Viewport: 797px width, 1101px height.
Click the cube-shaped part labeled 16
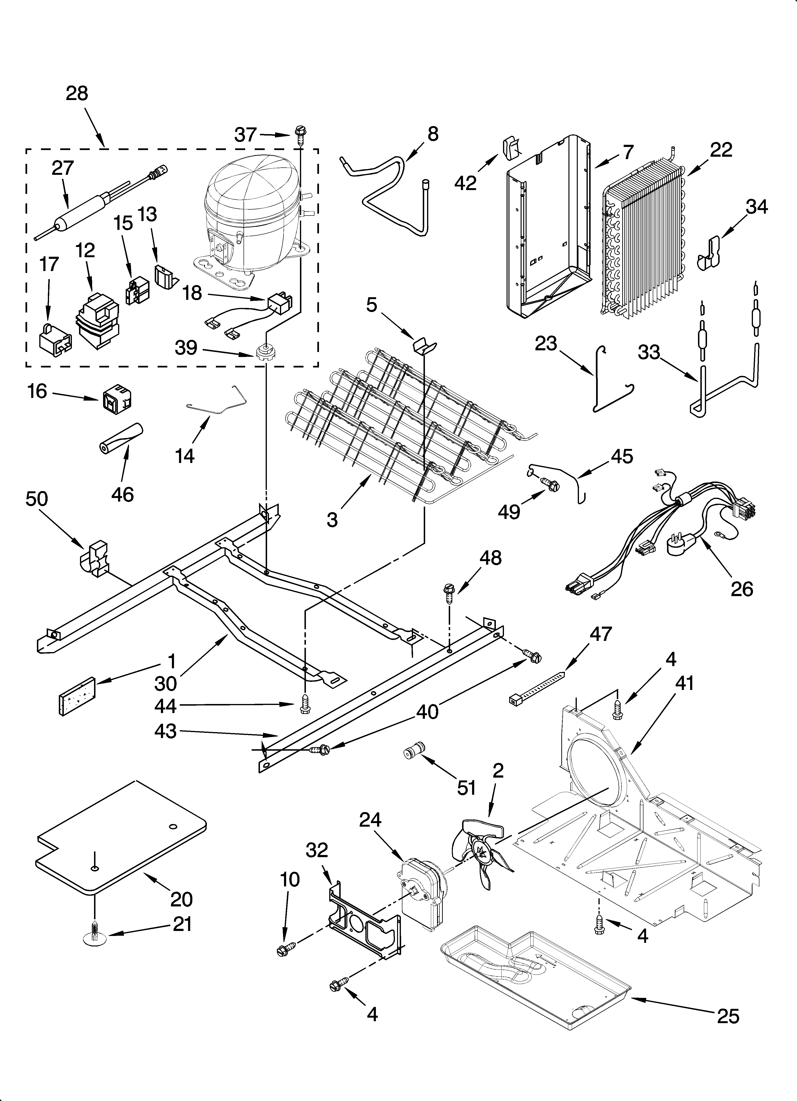117,399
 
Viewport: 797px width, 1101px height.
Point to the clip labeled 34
710,253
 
